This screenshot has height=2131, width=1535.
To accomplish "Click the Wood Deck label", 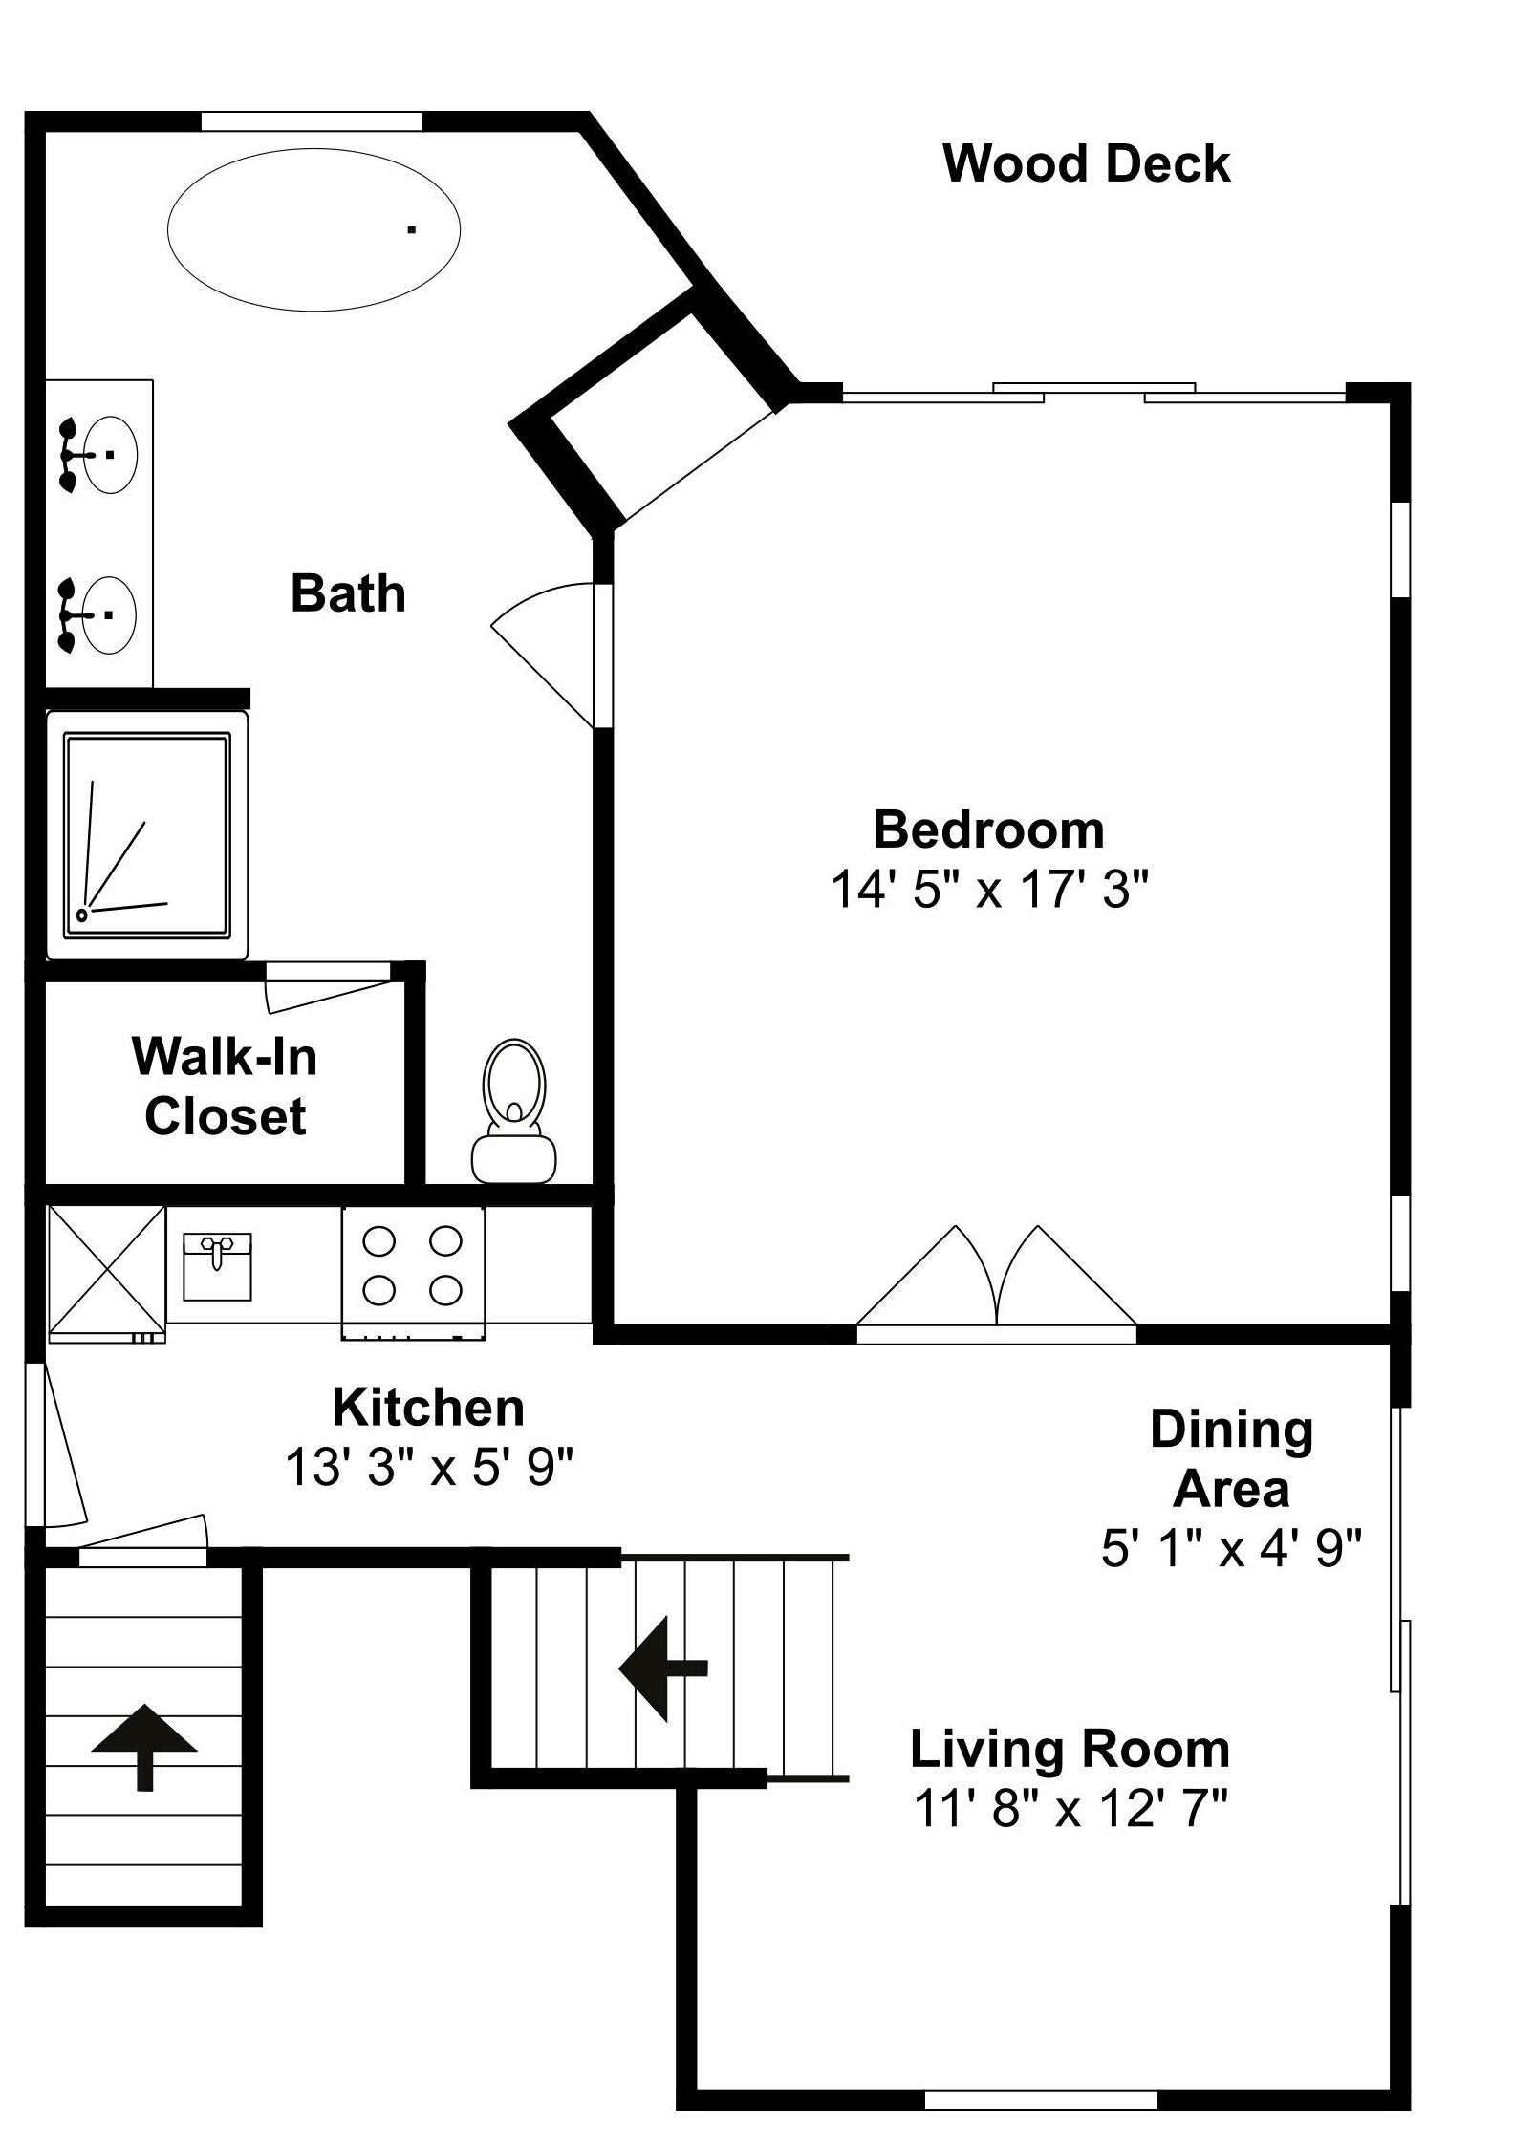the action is [x=1087, y=163].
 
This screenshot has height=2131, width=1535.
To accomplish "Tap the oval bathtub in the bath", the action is [x=313, y=229].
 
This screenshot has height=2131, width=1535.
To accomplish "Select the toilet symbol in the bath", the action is [x=514, y=1110].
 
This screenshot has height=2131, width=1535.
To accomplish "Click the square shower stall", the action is [x=147, y=834].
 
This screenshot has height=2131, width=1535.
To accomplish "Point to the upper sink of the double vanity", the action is [x=100, y=455].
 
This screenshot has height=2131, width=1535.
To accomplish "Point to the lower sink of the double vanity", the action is [x=100, y=614].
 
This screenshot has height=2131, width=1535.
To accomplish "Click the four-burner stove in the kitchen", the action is [x=413, y=1272].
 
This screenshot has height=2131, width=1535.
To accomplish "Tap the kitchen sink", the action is [x=217, y=1266].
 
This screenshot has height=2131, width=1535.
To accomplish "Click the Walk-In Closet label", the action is [x=226, y=1087].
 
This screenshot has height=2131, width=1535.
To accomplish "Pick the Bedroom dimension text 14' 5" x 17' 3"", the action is [x=988, y=890].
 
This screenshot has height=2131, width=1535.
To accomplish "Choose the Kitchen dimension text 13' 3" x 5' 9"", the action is [x=429, y=1467].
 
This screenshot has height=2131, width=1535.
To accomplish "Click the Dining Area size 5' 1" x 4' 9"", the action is [x=1231, y=1548].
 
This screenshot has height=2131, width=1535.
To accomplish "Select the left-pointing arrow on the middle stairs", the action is [x=663, y=1668].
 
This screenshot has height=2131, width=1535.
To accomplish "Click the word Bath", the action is [x=348, y=593].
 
